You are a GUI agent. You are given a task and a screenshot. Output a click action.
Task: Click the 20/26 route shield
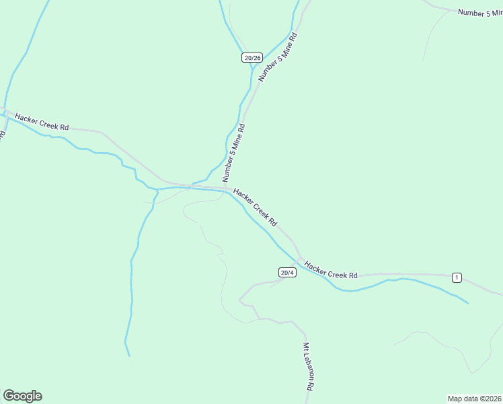[251, 58]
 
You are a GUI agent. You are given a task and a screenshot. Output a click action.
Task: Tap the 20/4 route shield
[287, 272]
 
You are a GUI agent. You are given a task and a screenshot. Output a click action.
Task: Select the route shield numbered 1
[457, 277]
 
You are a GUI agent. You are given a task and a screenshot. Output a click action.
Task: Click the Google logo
[22, 396]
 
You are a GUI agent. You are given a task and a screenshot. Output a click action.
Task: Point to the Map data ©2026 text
[474, 398]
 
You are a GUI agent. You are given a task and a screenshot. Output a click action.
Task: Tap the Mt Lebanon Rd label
[308, 367]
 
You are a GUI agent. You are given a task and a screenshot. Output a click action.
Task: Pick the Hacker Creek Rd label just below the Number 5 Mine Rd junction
[255, 207]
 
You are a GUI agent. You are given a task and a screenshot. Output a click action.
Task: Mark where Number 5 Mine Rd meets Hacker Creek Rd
[227, 188]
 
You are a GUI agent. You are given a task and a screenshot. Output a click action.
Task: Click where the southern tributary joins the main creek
[157, 189]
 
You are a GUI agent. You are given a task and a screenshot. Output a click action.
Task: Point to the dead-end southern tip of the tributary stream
[129, 356]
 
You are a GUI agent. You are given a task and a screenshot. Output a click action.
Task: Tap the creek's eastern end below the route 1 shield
[467, 302]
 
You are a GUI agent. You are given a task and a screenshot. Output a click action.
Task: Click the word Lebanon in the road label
[308, 370]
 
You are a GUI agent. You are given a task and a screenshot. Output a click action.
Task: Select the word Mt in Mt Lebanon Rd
[305, 347]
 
